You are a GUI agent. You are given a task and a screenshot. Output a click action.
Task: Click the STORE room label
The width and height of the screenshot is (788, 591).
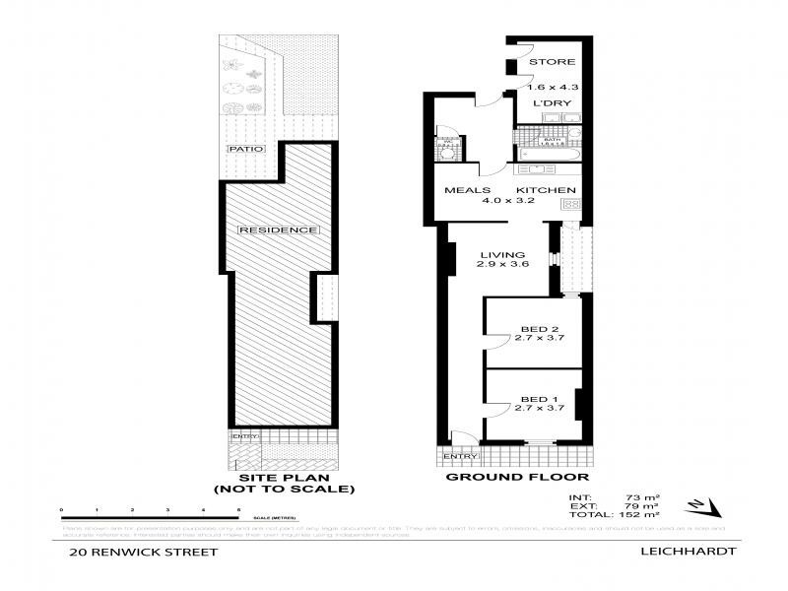pyautogui.click(x=552, y=63)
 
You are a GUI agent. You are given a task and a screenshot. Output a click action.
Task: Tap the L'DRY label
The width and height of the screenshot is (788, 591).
pyautogui.click(x=552, y=102)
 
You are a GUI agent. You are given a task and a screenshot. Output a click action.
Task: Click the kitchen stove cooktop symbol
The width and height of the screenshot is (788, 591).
pyautogui.click(x=569, y=204)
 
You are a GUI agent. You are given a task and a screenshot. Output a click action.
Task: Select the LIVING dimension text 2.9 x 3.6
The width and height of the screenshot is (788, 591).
pyautogui.click(x=497, y=265)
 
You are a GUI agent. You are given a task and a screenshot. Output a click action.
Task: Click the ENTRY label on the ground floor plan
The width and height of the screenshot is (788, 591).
pyautogui.click(x=460, y=457)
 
